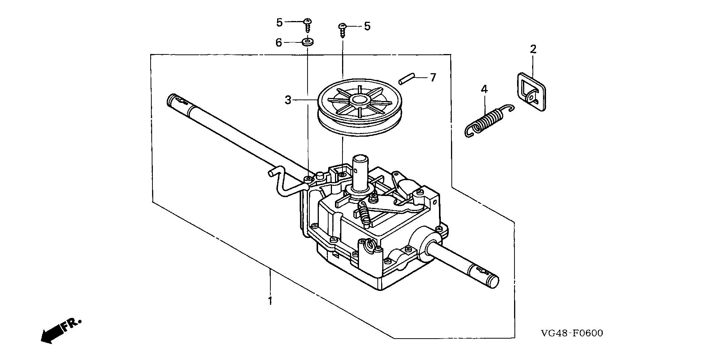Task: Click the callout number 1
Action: [270, 301]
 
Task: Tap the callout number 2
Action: [533, 49]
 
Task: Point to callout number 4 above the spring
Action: [484, 89]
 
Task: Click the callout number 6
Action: [279, 43]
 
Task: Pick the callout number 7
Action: [433, 78]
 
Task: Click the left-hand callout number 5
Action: [279, 23]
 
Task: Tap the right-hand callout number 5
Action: [367, 26]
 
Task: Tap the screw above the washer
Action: [308, 24]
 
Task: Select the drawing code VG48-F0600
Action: [572, 333]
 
